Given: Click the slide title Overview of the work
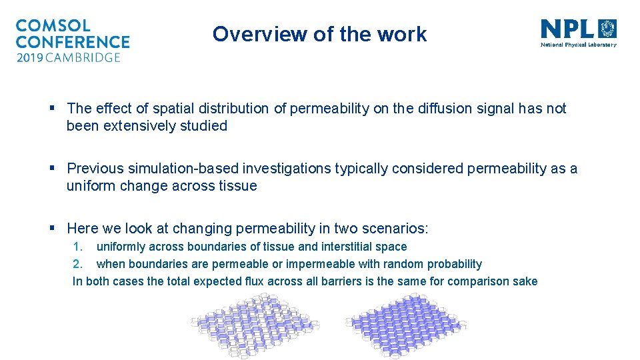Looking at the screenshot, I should coord(319,34).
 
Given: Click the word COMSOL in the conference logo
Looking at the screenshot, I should coord(53,26).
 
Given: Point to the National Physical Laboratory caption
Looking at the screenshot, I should coord(578,45).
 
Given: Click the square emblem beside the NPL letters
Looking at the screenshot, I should coord(608,29).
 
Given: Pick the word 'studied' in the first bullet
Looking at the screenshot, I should coord(203,126).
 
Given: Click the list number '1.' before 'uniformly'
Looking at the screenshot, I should coord(77,247).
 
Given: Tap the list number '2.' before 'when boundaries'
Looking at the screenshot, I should coord(77,264).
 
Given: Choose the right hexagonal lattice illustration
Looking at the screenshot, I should coord(406,325).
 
